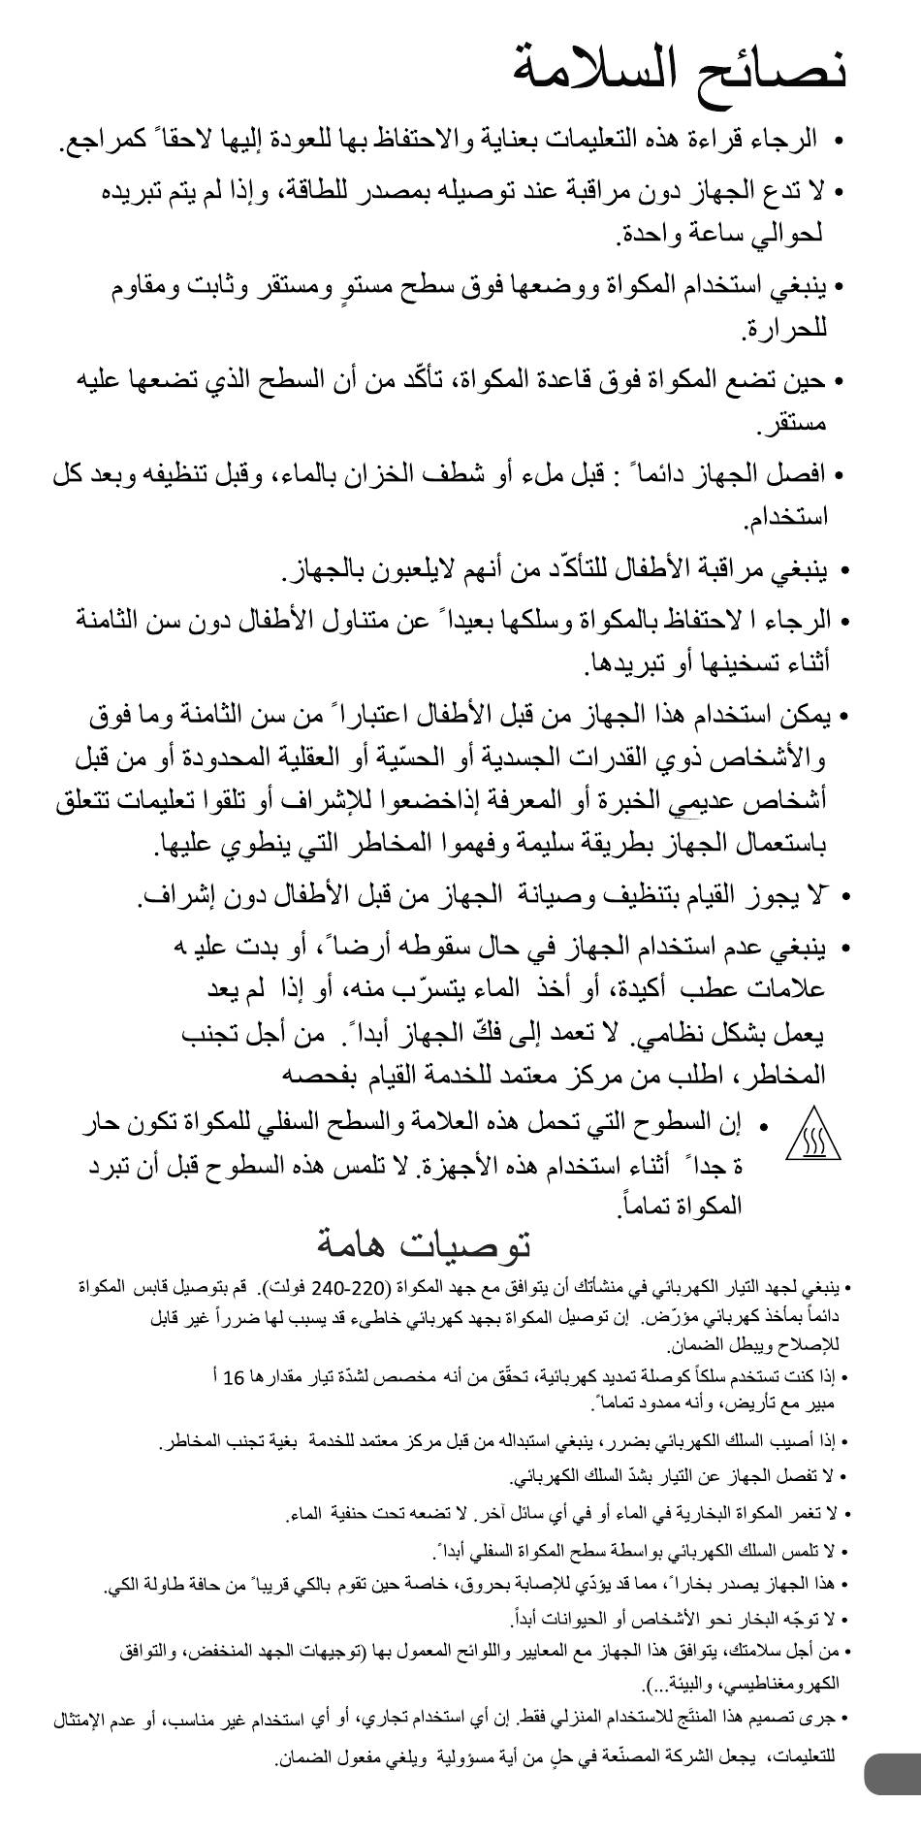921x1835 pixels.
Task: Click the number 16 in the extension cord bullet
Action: (233, 1378)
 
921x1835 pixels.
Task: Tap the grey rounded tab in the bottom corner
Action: (892, 1774)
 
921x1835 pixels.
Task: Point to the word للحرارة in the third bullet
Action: (784, 330)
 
